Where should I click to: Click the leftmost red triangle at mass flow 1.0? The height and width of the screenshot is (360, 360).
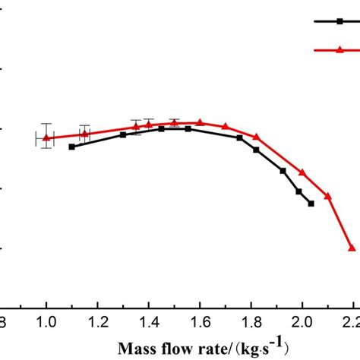46,137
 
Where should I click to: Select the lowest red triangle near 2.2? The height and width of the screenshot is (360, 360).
352,248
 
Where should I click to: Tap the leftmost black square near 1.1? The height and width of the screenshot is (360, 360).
72,147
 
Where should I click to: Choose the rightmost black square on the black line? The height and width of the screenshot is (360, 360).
311,204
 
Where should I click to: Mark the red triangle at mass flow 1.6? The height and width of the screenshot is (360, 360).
200,122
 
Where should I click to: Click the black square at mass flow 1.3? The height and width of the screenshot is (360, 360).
123,134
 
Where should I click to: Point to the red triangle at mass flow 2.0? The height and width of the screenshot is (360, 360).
302,172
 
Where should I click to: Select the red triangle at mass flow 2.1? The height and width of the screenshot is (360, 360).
327,196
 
